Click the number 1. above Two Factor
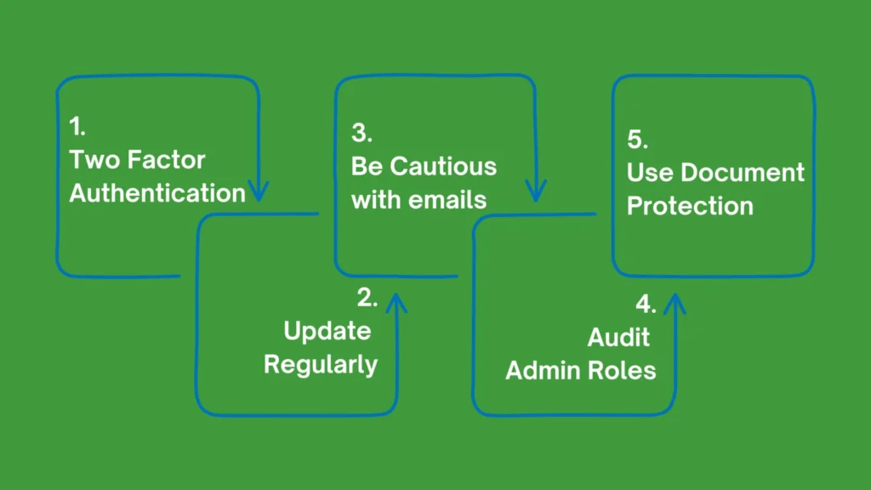(77, 128)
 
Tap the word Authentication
(157, 193)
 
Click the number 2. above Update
(367, 298)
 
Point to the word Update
(327, 331)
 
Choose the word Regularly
(321, 364)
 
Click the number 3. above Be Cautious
(362, 134)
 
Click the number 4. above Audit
(646, 305)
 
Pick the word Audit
(618, 337)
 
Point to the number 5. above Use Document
(638, 140)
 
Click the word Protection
(690, 206)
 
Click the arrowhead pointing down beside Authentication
(257, 191)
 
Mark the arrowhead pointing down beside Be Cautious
(535, 191)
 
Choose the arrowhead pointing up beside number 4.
(675, 303)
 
